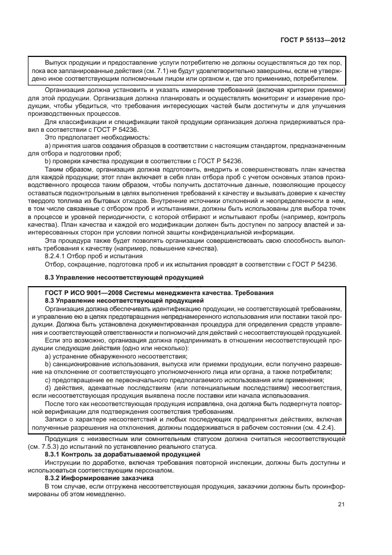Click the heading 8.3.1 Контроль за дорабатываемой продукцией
click(x=111, y=453)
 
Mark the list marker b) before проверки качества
click(x=48, y=161)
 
